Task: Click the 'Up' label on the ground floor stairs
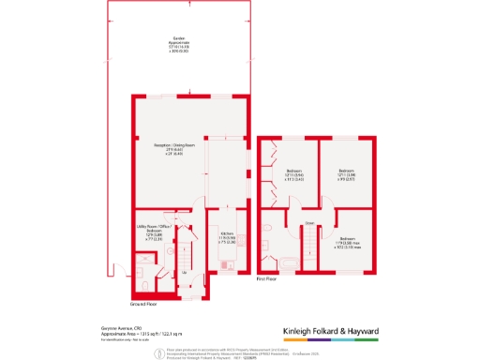point(185,272)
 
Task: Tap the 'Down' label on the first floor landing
point(308,223)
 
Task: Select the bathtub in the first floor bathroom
point(280,260)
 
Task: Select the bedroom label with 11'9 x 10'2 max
point(347,242)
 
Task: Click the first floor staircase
point(308,248)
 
